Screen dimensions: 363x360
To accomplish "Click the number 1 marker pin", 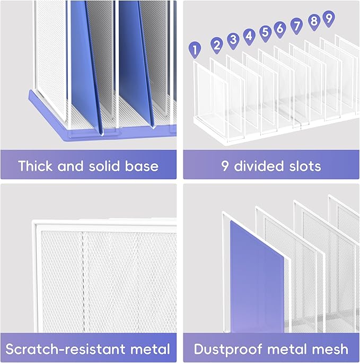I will click(x=196, y=50).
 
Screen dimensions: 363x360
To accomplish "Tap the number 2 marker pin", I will click(x=216, y=45).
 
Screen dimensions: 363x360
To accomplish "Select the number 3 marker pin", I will click(x=233, y=40).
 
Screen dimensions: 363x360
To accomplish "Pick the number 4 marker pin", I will click(x=249, y=37).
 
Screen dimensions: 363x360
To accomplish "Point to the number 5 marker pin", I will click(x=265, y=32).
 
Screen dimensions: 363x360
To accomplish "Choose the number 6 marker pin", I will click(x=280, y=28).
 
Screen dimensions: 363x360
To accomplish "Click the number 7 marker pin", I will click(x=297, y=24).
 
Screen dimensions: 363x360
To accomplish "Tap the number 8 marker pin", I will click(x=314, y=21).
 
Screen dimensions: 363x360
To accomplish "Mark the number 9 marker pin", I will click(x=328, y=18).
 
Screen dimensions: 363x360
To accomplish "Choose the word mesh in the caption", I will click(x=330, y=349).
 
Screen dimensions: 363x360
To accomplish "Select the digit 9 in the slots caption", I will click(x=225, y=166).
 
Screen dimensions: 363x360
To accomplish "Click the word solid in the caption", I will click(x=106, y=166).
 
